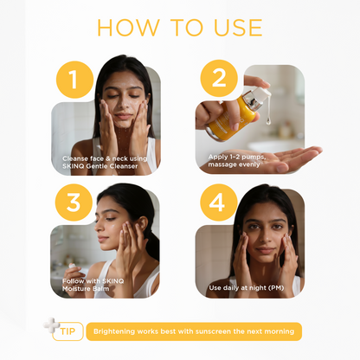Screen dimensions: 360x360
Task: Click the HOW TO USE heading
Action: point(179,27)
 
